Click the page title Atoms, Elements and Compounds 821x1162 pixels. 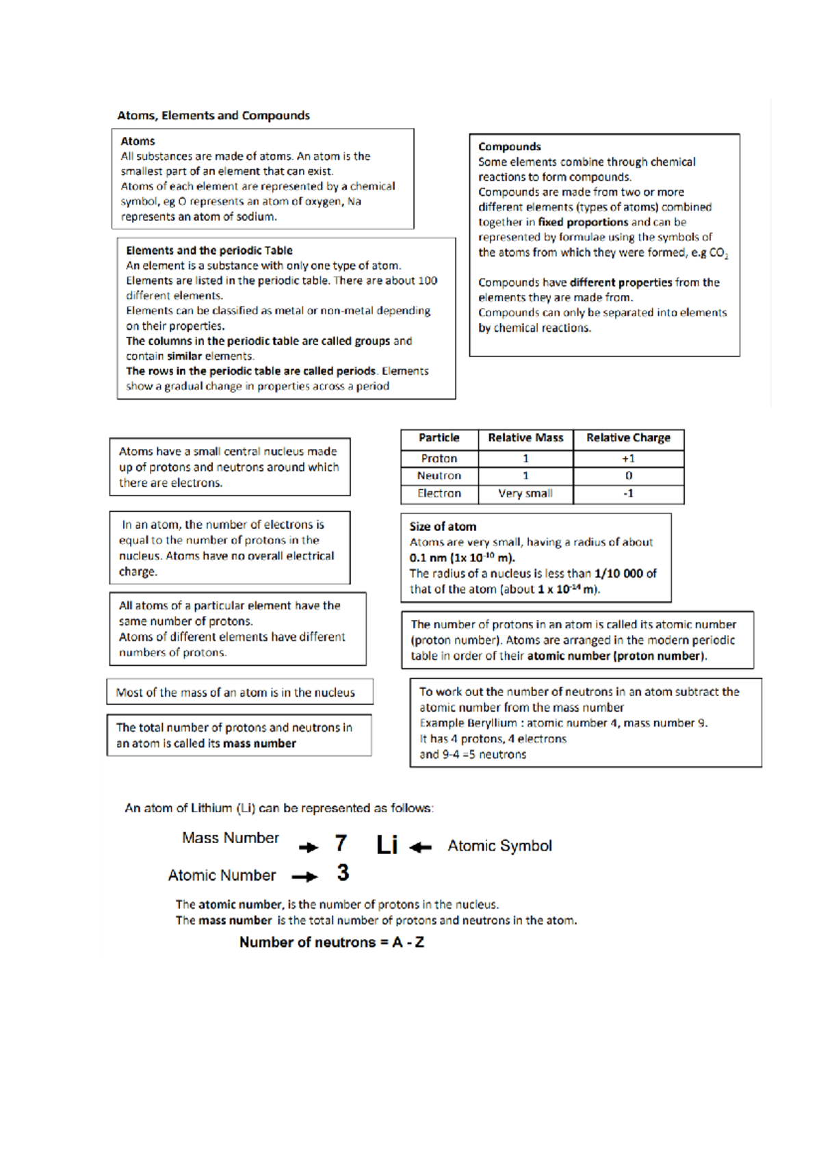[x=213, y=116]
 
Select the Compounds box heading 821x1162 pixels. [x=509, y=146]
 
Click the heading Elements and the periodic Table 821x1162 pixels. [x=209, y=250]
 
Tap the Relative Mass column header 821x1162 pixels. [x=525, y=438]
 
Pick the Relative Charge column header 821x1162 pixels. [x=628, y=438]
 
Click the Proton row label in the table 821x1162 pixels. [x=439, y=459]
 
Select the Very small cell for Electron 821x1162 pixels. [x=525, y=493]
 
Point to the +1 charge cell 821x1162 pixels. [x=628, y=459]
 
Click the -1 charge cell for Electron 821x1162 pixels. [x=628, y=493]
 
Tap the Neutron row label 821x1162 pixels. [x=439, y=476]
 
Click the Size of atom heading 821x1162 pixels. [x=443, y=527]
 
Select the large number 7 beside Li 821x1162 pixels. [x=341, y=843]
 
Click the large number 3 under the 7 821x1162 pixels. [x=343, y=873]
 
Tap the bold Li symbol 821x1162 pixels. [x=387, y=845]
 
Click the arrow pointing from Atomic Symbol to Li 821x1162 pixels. [x=420, y=847]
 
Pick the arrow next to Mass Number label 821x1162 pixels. [x=309, y=847]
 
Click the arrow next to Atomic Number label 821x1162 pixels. [x=304, y=877]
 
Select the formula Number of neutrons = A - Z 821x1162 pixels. [x=331, y=942]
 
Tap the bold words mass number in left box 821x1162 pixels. [x=259, y=744]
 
